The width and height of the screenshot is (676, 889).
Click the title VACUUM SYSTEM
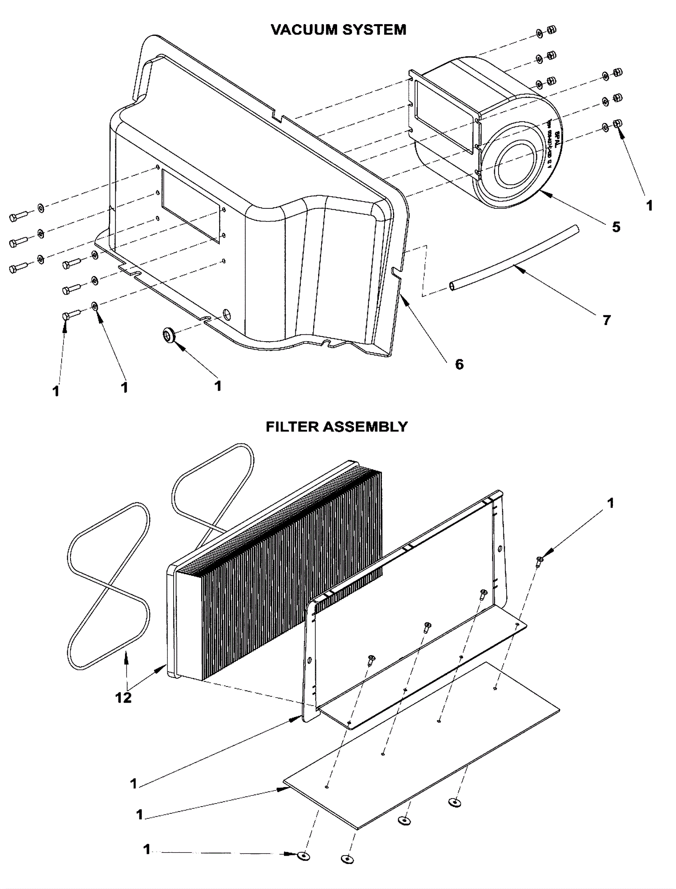click(338, 30)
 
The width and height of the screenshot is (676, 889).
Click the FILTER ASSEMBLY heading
click(337, 427)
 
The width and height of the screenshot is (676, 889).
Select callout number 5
click(616, 227)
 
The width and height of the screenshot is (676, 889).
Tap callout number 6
click(459, 364)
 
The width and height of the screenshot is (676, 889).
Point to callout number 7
click(607, 320)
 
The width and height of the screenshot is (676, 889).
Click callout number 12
click(123, 698)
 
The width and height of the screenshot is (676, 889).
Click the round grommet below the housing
click(169, 336)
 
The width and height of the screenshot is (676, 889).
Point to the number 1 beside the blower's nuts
click(649, 206)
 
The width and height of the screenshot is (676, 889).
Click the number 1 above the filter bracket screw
click(610, 503)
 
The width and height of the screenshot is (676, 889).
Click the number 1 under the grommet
click(218, 386)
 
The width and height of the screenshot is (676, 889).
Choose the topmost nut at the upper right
click(551, 30)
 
